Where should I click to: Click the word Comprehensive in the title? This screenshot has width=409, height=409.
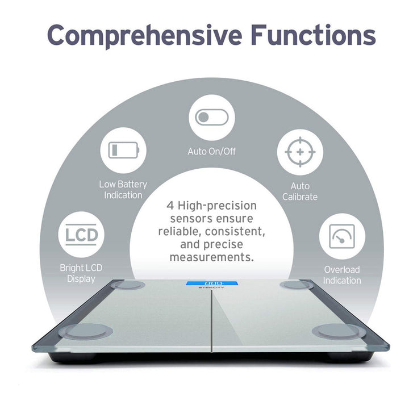click(144, 36)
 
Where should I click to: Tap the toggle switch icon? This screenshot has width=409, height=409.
click(211, 117)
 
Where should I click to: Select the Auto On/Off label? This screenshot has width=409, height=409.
click(211, 151)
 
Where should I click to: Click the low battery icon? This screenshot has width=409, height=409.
click(124, 150)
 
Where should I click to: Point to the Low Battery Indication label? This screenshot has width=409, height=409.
click(123, 190)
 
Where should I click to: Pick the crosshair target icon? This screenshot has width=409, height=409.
click(300, 152)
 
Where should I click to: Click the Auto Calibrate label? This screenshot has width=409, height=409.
click(300, 191)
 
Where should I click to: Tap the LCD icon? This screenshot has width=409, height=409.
click(81, 235)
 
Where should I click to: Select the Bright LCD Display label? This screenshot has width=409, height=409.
click(81, 273)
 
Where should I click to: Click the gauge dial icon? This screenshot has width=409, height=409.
click(342, 236)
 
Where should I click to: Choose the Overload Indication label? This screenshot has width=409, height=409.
click(342, 275)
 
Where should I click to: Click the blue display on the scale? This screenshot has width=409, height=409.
click(212, 283)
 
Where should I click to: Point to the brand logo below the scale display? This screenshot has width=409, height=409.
click(211, 287)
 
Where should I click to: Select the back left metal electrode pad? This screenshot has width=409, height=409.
click(128, 285)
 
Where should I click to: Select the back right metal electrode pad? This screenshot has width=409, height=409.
click(297, 285)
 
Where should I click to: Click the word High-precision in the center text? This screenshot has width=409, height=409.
click(217, 206)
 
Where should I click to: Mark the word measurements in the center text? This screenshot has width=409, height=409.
click(211, 257)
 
